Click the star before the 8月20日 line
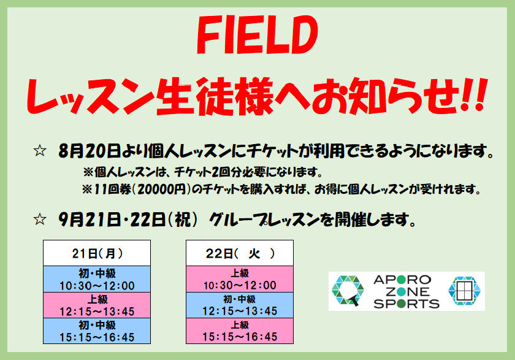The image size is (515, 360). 40,151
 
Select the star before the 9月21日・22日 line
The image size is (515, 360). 40,219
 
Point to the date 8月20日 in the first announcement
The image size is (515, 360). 90,151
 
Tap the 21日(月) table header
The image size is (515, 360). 97,253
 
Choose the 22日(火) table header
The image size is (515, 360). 240,253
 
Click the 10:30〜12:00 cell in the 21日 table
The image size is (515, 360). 97,279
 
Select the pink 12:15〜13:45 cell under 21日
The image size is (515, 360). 97,305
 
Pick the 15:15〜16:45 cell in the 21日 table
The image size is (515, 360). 97,331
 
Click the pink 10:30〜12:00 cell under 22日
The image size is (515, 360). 240,279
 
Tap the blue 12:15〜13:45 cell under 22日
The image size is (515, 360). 240,305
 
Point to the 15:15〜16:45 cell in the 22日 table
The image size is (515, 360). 240,331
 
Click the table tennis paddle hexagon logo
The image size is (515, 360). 348,291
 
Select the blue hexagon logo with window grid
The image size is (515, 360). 465,291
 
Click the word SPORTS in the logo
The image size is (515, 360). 406,304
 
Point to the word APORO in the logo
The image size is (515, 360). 402,280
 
